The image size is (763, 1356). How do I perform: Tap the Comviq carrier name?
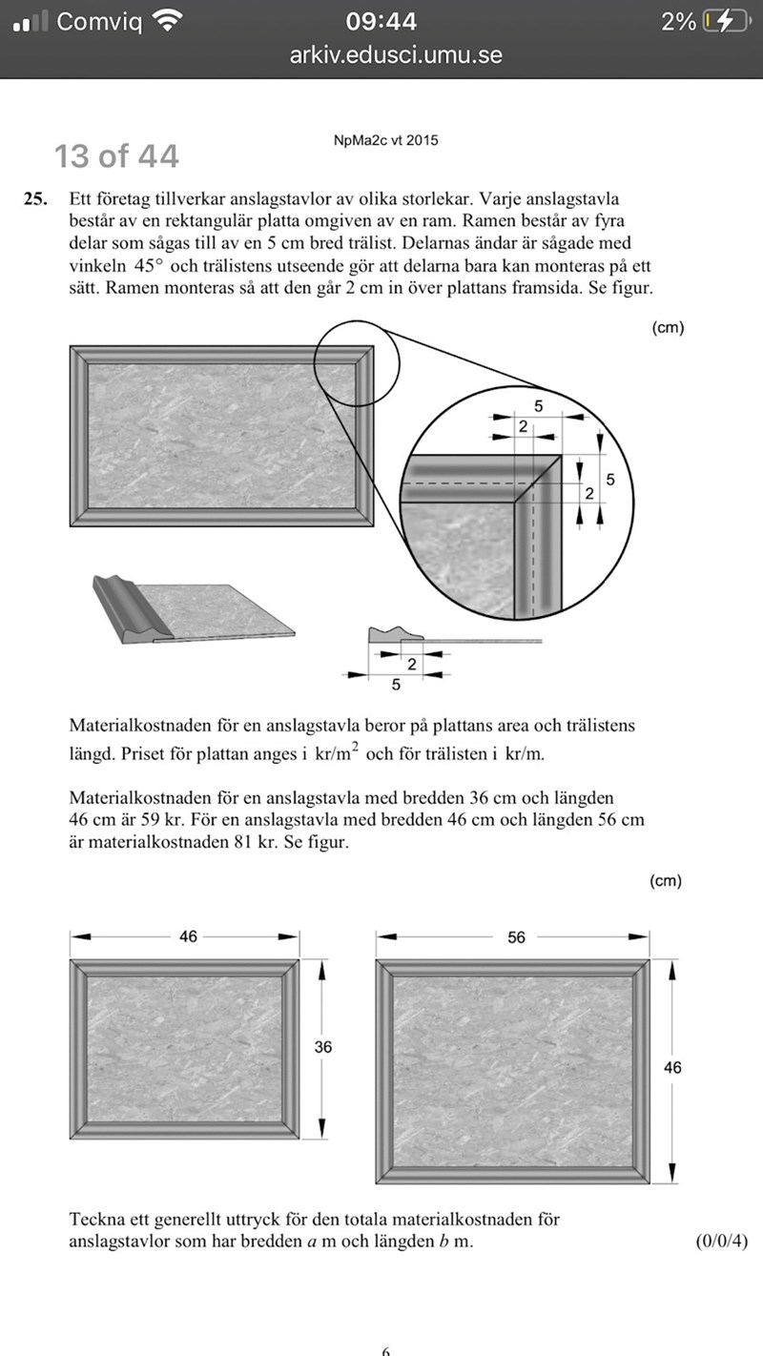pyautogui.click(x=99, y=21)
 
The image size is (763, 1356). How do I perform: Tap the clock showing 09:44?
pyautogui.click(x=381, y=21)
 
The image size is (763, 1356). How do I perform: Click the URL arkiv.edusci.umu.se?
pyautogui.click(x=396, y=55)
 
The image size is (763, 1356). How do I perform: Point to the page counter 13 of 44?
pyautogui.click(x=116, y=155)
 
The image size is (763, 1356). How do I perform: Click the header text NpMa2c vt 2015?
pyautogui.click(x=386, y=140)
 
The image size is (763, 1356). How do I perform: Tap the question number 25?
pyautogui.click(x=35, y=200)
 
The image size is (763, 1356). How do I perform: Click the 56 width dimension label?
pyautogui.click(x=516, y=937)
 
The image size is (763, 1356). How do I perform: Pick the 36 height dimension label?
pyautogui.click(x=323, y=1047)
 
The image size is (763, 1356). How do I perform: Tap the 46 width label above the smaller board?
pyautogui.click(x=188, y=937)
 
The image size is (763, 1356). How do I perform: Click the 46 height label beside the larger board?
pyautogui.click(x=672, y=1068)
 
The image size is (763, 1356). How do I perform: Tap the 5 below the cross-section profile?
pyautogui.click(x=396, y=685)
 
